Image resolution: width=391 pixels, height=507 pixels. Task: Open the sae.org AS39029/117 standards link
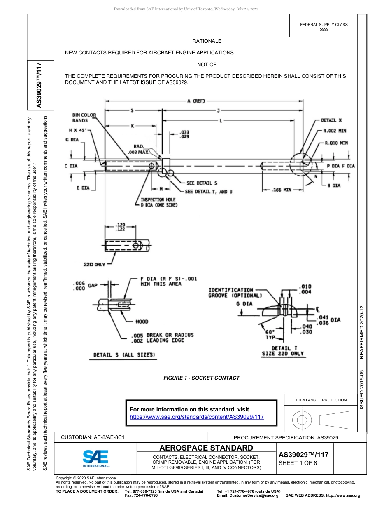[196, 417]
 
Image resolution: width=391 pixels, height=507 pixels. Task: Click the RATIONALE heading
[207, 41]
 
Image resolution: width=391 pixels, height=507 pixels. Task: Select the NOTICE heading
[207, 65]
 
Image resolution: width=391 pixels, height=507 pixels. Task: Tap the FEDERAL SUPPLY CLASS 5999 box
[324, 27]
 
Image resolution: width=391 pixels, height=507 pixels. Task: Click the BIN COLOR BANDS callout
[84, 118]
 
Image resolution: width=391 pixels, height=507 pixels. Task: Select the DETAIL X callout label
[332, 120]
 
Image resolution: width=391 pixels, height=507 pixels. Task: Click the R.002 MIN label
[335, 131]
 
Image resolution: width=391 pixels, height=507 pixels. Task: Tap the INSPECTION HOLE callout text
[158, 202]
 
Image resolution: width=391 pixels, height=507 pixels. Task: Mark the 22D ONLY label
[94, 264]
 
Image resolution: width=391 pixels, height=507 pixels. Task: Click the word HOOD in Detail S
[142, 322]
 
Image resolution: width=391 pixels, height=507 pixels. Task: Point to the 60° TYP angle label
[270, 334]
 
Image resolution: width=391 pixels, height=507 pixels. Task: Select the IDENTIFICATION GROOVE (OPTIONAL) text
[235, 293]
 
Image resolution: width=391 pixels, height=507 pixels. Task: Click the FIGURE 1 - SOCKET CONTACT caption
[201, 378]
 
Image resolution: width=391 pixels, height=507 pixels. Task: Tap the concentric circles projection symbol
[302, 420]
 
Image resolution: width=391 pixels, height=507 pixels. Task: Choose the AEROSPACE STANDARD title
[206, 448]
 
